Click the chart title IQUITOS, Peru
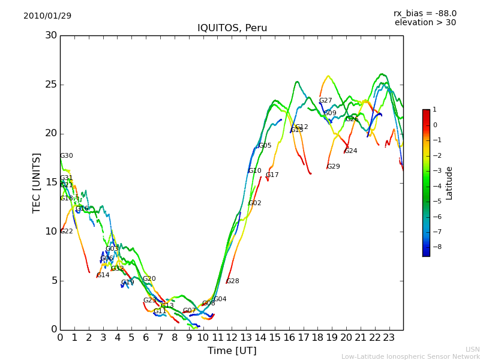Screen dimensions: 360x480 pos(232,28)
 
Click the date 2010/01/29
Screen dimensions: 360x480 pos(47,16)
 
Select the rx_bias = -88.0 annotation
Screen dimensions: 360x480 pos(425,13)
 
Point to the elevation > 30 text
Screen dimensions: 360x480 pos(425,23)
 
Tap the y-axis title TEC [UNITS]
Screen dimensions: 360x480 pos(37,182)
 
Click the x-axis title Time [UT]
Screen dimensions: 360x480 pos(232,350)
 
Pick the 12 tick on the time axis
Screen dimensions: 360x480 pos(232,337)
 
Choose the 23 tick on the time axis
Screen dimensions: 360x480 pos(389,337)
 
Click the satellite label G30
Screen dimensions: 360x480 pos(67,156)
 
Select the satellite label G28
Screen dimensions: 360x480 pos(233,281)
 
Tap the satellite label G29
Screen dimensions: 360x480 pos(334,167)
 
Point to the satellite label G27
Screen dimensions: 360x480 pos(326,101)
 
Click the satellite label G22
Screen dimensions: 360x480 pos(67,232)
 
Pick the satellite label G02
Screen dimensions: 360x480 pos(255,203)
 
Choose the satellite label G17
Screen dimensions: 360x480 pos(272,175)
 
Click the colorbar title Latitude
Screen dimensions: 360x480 pos(449,183)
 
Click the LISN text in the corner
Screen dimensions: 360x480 pos(472,349)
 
